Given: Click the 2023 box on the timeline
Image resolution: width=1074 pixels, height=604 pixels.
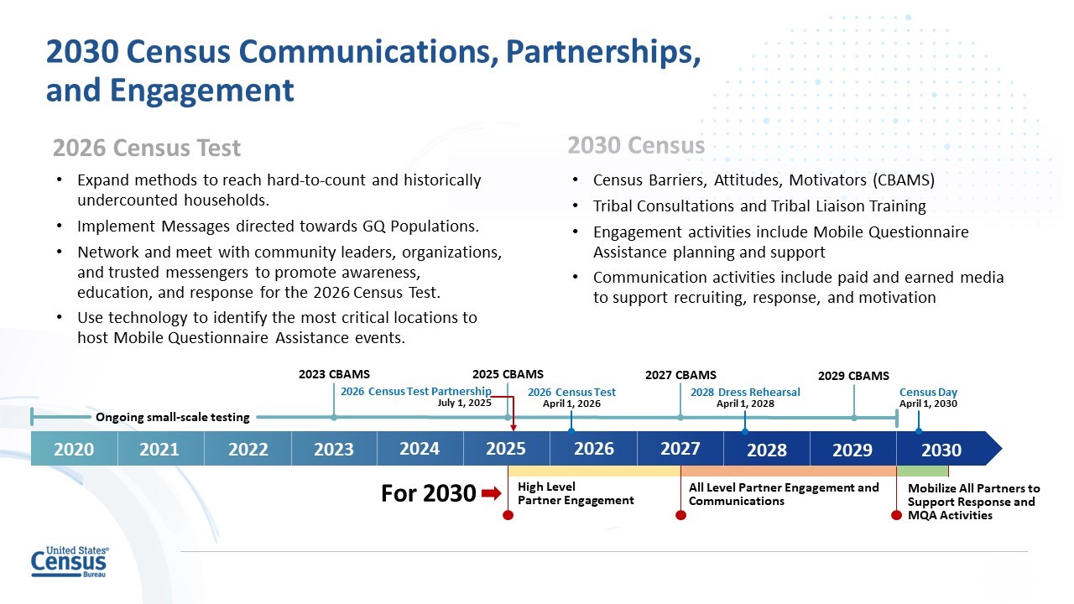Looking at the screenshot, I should (334, 449).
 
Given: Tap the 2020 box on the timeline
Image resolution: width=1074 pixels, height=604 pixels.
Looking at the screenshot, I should (74, 449).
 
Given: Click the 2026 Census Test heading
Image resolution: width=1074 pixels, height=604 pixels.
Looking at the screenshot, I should (147, 148).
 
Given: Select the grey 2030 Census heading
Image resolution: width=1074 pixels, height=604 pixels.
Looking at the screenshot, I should (636, 146).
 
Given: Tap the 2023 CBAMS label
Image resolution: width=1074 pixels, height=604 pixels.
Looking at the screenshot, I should (334, 374).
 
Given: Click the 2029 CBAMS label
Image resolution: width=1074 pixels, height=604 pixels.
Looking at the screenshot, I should (853, 376).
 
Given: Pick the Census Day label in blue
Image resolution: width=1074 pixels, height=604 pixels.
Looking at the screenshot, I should (928, 393).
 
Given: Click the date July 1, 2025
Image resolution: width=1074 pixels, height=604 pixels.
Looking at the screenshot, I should (465, 404).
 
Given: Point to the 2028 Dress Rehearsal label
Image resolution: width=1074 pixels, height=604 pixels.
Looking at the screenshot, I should (745, 393).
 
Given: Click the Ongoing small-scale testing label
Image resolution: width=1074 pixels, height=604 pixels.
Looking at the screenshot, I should (173, 418).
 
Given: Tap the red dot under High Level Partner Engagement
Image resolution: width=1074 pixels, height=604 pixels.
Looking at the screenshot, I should (508, 515).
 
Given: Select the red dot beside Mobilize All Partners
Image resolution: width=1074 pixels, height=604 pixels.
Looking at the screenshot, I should (897, 515).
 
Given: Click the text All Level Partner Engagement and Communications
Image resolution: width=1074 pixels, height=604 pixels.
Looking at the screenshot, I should (784, 494).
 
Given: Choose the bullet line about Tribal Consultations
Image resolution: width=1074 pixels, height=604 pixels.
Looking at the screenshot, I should (759, 206).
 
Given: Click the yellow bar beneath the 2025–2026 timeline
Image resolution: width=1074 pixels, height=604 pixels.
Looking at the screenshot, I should (593, 471).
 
